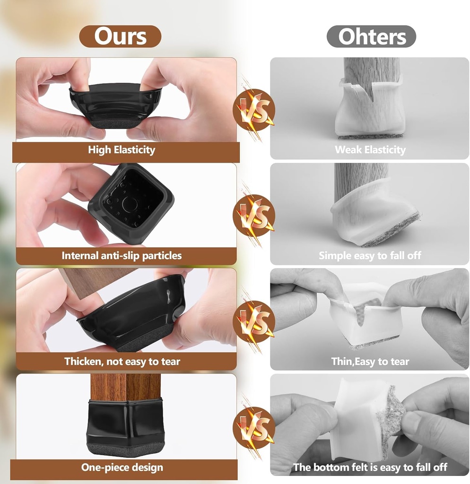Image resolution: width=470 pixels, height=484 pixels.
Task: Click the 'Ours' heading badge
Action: pos(120,36)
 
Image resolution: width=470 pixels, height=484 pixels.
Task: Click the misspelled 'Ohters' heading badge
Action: pos(371,36)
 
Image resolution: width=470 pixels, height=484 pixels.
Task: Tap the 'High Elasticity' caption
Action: pos(122,150)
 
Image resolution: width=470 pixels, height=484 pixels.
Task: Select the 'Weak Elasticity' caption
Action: pos(370,150)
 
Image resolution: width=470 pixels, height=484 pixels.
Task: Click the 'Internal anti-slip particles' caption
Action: pos(122,256)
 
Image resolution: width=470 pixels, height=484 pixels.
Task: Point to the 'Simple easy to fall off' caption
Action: pos(370,256)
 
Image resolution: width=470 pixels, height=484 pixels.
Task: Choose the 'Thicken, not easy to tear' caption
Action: pos(122,362)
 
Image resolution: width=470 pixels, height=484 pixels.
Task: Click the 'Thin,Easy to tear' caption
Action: pos(370,362)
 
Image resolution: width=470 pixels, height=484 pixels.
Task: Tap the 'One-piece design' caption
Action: pos(122,467)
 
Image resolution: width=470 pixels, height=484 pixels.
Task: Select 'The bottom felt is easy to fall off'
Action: pos(370,467)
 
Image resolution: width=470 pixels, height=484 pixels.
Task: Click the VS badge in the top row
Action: pos(254,110)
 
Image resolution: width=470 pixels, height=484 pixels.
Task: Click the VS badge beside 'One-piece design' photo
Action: pos(254,428)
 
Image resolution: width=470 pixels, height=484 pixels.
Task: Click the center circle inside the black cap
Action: pos(130,204)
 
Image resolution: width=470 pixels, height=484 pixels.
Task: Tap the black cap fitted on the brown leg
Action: pos(125,425)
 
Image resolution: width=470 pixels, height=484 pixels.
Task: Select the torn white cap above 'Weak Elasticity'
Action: pos(369,109)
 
